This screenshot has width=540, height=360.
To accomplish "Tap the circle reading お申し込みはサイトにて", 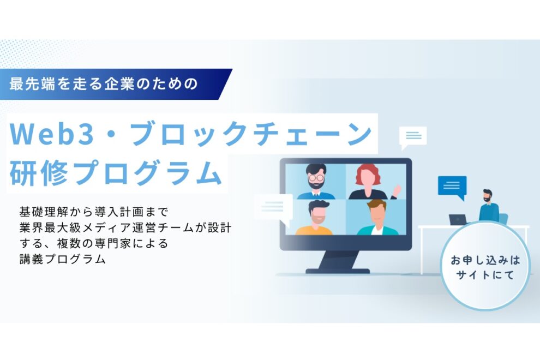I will pos(485,268).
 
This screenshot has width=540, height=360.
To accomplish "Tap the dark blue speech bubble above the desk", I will pos(452,187).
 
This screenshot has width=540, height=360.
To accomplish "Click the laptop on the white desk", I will pos(458,219).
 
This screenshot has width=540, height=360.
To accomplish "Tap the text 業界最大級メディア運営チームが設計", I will pos(125,226).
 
